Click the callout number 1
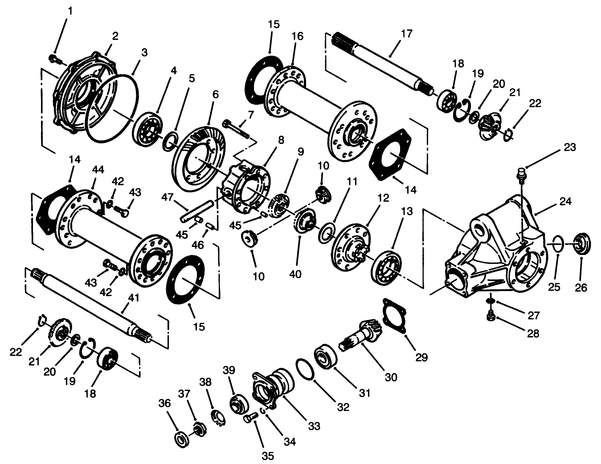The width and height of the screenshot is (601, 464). pyautogui.click(x=69, y=9)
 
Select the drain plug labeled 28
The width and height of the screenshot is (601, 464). pyautogui.click(x=491, y=316)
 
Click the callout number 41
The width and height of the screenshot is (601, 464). pyautogui.click(x=134, y=298)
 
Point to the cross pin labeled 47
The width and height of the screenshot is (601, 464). pyautogui.click(x=196, y=212)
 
